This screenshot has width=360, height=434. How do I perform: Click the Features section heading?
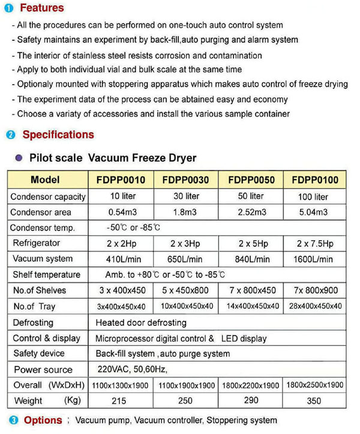click(x=42, y=8)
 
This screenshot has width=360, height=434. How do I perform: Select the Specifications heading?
click(x=58, y=134)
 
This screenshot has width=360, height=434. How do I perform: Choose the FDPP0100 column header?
click(x=314, y=180)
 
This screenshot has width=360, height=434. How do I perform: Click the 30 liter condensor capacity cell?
click(x=186, y=196)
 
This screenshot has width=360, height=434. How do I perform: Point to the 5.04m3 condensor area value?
click(x=313, y=212)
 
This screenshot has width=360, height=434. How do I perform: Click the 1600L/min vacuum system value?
click(x=313, y=259)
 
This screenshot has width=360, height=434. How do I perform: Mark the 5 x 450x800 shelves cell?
click(x=186, y=291)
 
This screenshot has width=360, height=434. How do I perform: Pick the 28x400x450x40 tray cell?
click(x=313, y=306)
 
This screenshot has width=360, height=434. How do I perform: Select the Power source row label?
click(x=43, y=369)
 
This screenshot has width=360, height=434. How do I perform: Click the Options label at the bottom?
click(x=43, y=421)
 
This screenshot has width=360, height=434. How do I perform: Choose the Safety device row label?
click(x=39, y=354)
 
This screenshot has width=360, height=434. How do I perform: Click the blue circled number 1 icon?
click(x=10, y=8)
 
